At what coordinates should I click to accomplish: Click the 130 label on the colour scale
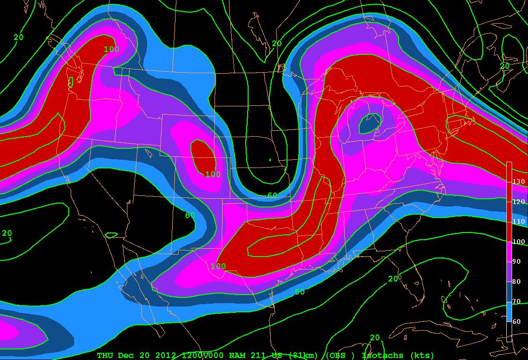tap(518, 182)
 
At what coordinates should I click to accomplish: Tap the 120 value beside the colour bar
tap(518, 202)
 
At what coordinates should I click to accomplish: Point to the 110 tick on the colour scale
tap(518, 222)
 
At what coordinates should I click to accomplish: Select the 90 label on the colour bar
tap(518, 261)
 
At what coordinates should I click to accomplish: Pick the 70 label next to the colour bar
tap(518, 301)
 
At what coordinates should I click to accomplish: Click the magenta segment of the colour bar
tap(509, 252)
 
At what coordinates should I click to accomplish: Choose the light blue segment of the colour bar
tap(509, 311)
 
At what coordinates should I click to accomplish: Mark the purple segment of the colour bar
tap(509, 271)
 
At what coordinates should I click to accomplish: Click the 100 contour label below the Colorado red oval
tap(213, 174)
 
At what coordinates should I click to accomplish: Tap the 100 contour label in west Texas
tap(218, 266)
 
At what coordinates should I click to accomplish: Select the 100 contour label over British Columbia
tap(112, 49)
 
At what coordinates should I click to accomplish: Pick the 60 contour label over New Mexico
tap(190, 215)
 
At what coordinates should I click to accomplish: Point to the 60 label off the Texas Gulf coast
tap(300, 292)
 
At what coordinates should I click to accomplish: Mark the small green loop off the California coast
tap(111, 235)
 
